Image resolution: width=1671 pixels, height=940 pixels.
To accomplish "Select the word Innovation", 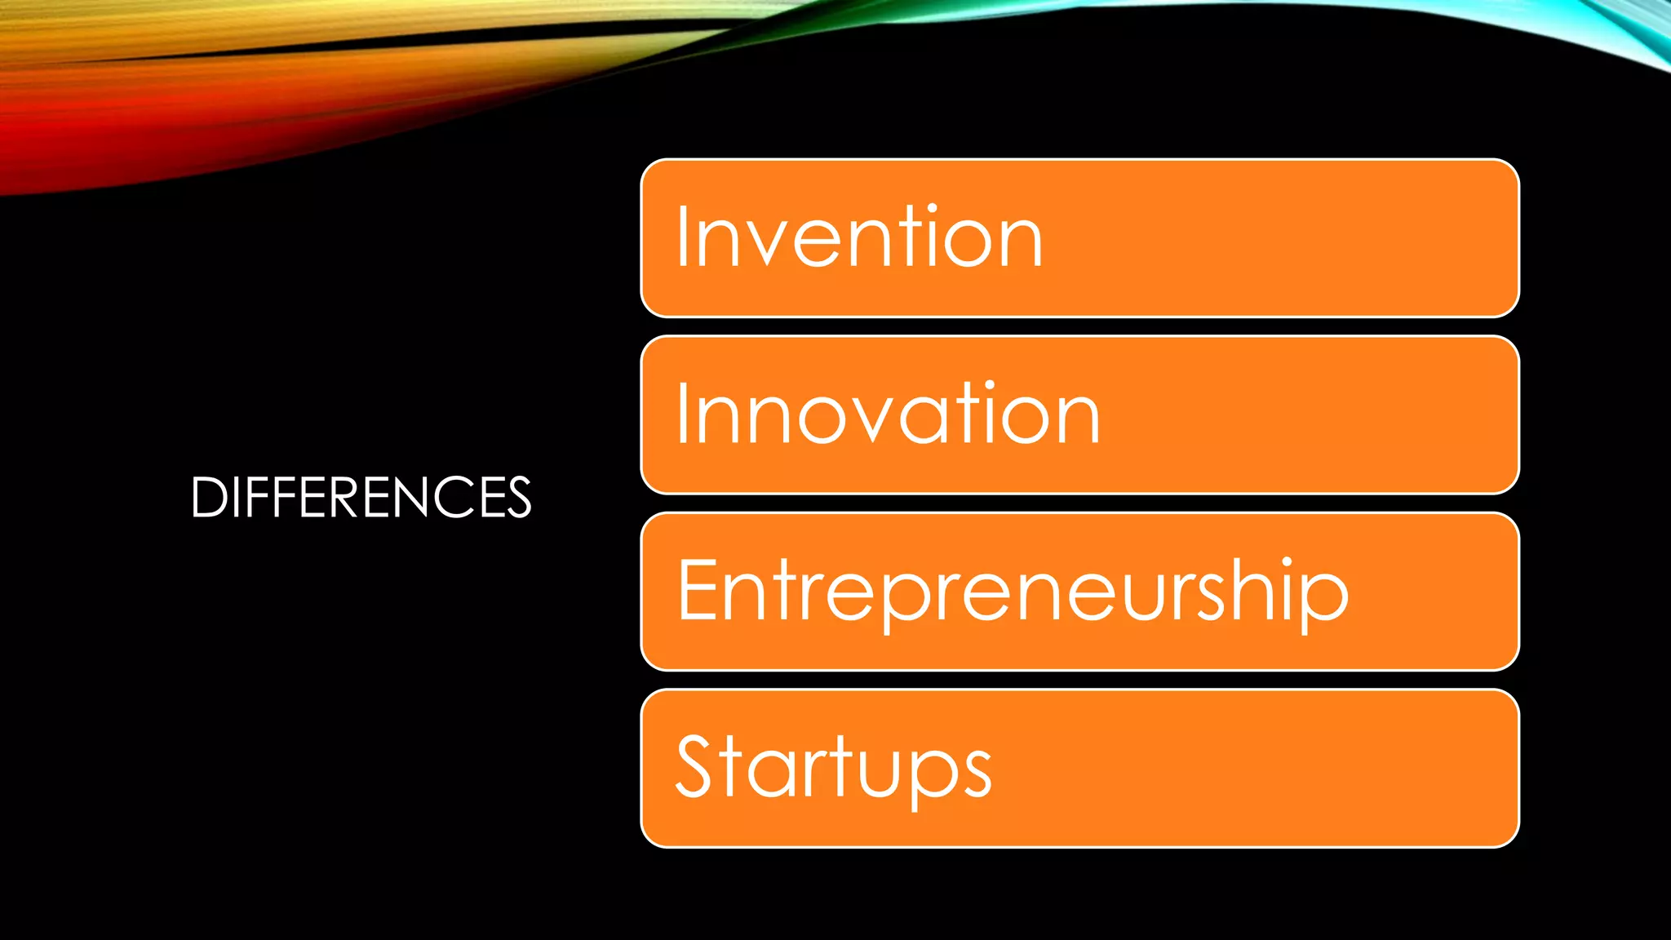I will point(888,414).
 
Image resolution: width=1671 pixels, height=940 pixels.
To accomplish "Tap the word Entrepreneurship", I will point(1012,591).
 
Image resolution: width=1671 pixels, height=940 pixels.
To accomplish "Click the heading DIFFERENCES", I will point(361,497).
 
